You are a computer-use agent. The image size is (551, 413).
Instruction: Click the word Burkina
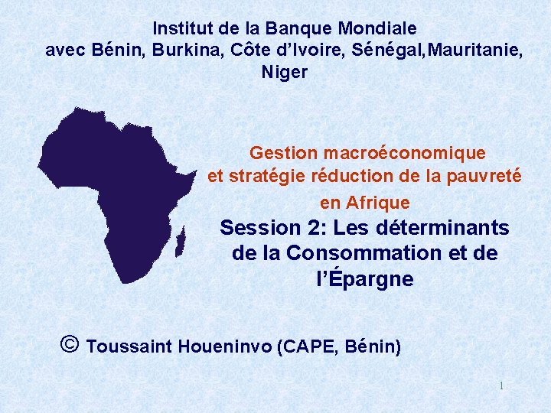[x=183, y=50]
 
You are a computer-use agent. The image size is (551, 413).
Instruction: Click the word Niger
[x=285, y=73]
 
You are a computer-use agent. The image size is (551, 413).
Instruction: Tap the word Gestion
[x=284, y=153]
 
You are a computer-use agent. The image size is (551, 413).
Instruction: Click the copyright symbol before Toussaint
[x=68, y=344]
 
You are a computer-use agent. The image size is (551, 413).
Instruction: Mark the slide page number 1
[x=501, y=386]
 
